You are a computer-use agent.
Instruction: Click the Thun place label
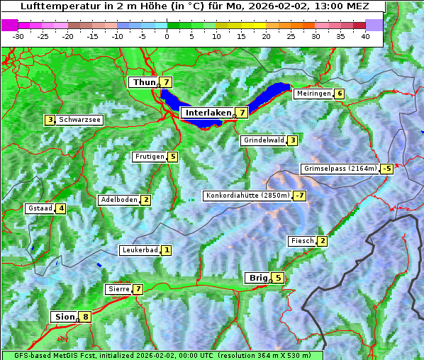click(x=143, y=83)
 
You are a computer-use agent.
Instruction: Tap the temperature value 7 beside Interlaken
click(x=242, y=113)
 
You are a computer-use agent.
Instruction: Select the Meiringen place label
click(x=313, y=94)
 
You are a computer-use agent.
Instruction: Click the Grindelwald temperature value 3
click(x=292, y=140)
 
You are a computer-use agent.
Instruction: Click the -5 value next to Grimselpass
click(x=386, y=169)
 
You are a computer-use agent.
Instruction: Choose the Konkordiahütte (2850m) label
click(x=247, y=196)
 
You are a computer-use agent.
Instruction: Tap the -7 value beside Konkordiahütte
click(x=301, y=196)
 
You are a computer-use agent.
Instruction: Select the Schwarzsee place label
click(x=79, y=120)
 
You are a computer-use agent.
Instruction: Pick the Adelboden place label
click(x=118, y=200)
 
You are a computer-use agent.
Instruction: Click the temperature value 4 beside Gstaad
click(x=61, y=208)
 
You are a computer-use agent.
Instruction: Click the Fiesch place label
click(x=302, y=241)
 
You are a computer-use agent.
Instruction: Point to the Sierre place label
click(x=118, y=289)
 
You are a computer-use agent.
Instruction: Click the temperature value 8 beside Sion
click(x=86, y=317)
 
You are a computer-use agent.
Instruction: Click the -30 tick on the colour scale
click(x=18, y=35)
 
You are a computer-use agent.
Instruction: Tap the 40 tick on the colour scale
click(x=365, y=35)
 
